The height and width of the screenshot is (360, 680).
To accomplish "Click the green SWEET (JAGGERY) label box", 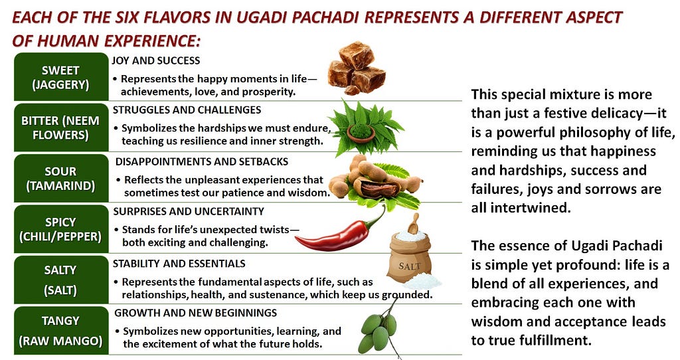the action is (x=60, y=77).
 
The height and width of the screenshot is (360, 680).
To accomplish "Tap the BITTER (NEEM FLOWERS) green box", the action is (x=60, y=128).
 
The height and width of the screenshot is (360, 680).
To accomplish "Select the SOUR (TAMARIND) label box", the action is (x=60, y=178).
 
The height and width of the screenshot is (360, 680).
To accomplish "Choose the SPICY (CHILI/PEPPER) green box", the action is (x=60, y=229).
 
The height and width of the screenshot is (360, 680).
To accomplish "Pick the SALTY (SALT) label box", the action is (x=60, y=280).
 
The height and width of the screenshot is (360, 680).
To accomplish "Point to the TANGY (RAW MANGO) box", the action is (x=60, y=331).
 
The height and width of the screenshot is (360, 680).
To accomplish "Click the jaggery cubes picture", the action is (x=357, y=68).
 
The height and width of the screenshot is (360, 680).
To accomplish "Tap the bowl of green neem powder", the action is (x=361, y=132).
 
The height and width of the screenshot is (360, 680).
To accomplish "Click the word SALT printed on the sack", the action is (x=409, y=266).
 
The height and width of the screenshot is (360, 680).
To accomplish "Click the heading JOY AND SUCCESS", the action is (x=155, y=60).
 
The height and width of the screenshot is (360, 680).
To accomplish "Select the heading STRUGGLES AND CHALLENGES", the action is (x=187, y=110).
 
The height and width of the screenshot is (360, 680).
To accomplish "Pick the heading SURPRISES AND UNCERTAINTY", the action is (x=189, y=211).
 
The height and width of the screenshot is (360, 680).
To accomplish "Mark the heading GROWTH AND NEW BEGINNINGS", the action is (x=196, y=313).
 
